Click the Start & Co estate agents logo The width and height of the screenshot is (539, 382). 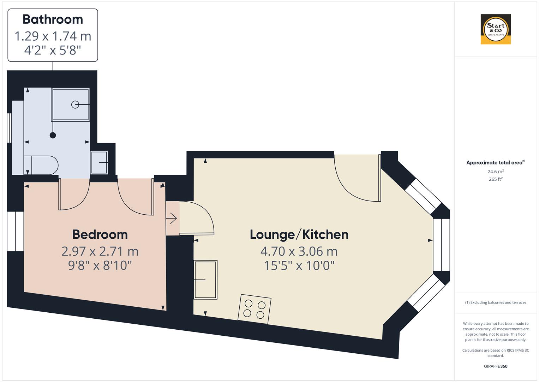(x=496, y=29)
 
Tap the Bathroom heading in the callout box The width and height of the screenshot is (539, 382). (x=53, y=19)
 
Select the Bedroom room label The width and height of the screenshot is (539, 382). (x=100, y=235)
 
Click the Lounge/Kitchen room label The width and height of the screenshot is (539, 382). (x=299, y=235)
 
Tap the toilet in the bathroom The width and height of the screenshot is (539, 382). (x=42, y=165)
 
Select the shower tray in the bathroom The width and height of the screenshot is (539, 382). (x=71, y=104)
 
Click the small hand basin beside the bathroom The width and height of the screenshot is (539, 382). (x=99, y=162)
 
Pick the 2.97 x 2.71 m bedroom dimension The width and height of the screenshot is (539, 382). (x=100, y=251)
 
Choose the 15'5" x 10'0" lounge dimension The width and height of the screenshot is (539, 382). (x=299, y=265)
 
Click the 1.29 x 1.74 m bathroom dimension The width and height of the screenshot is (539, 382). (x=53, y=36)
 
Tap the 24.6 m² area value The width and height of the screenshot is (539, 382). (x=496, y=172)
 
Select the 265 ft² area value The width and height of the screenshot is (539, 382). (x=496, y=179)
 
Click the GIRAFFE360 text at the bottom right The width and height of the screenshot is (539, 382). (x=496, y=366)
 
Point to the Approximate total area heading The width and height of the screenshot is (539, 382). (x=496, y=163)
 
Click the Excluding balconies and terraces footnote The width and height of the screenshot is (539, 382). (x=496, y=302)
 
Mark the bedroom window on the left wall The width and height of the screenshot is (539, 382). (x=16, y=231)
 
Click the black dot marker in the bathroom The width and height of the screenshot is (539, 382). (x=53, y=135)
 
